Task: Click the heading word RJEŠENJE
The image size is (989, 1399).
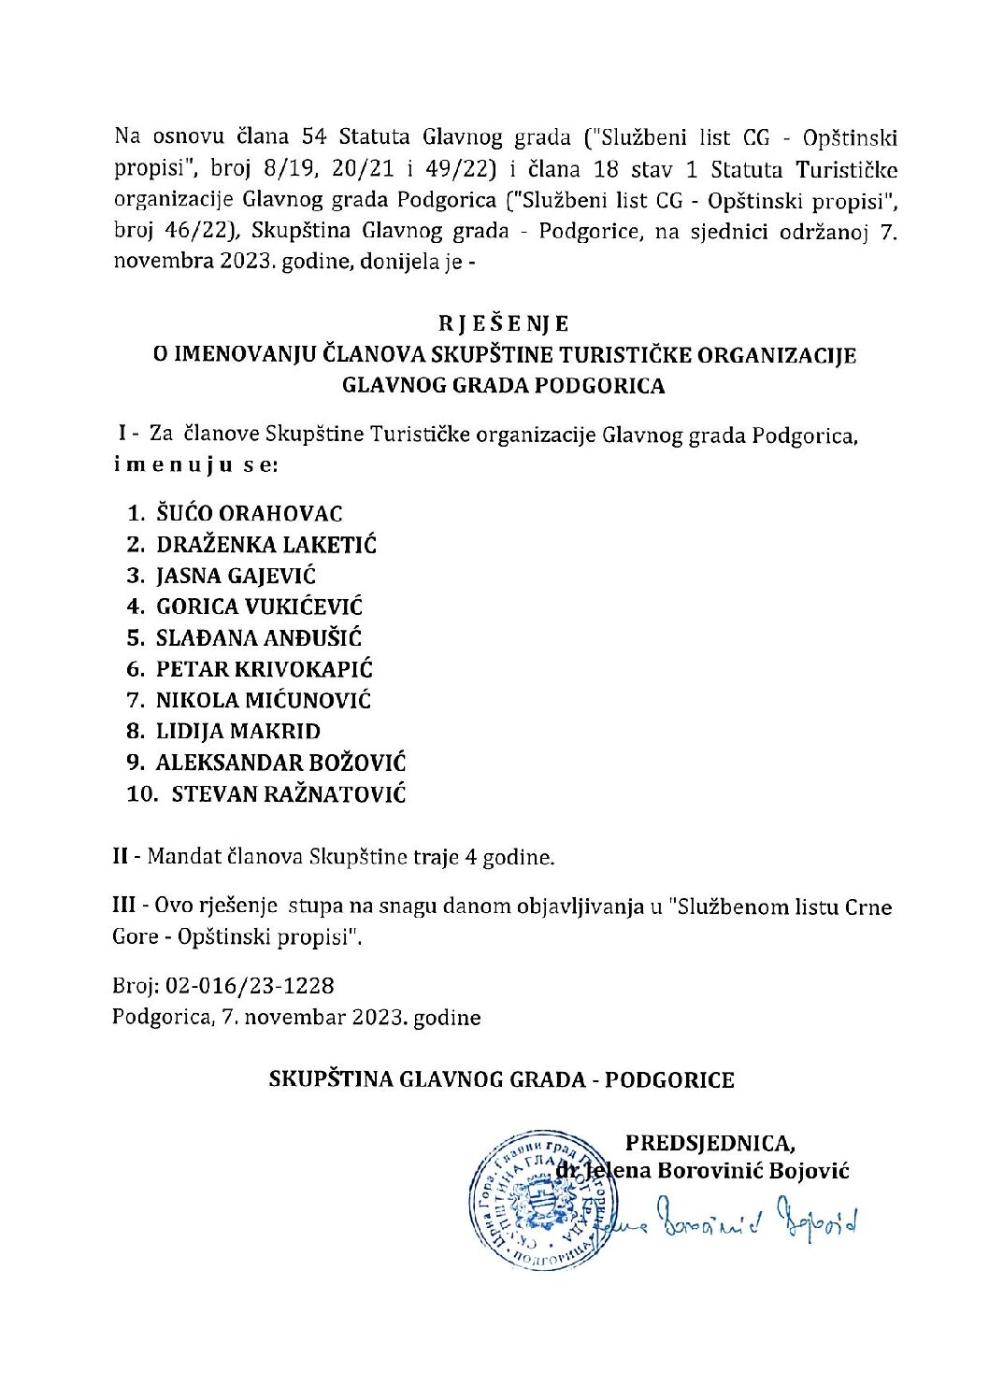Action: point(503,323)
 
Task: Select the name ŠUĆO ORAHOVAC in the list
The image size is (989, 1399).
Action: point(249,513)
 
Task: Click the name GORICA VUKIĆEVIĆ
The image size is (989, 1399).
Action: point(259,607)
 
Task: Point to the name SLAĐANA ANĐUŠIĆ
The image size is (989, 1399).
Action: point(258,638)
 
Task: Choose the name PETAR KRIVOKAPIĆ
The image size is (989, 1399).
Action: point(264,669)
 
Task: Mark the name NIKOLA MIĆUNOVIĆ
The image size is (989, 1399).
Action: point(263,700)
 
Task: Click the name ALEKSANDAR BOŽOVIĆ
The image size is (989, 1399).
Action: point(280,763)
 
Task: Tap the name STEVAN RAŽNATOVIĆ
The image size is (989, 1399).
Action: point(289,794)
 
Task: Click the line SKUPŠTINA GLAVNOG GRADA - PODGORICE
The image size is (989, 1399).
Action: point(501,1079)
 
